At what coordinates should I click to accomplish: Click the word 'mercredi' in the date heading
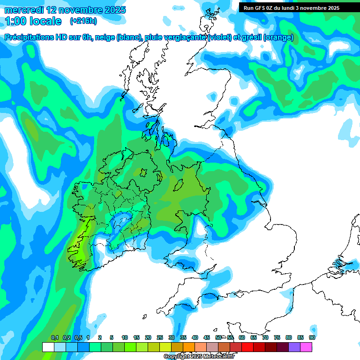23,10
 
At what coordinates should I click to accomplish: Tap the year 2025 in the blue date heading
114,10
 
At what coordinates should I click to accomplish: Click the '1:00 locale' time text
33,21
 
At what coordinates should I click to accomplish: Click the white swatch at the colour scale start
48,347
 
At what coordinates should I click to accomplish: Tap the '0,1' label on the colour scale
54,337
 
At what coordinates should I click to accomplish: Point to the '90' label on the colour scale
312,337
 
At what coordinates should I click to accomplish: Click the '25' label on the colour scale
159,337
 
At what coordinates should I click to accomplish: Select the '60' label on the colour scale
241,337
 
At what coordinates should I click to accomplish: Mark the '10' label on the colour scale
124,337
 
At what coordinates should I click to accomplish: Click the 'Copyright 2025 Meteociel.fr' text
199,357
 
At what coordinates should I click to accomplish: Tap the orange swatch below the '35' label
188,347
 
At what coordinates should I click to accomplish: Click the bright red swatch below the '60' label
247,347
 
